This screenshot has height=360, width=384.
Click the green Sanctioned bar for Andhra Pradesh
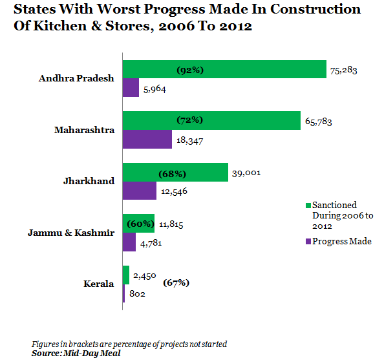coord(224,69)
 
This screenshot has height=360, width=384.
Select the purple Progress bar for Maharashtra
coord(147,139)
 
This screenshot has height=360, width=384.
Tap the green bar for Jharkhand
coord(175,173)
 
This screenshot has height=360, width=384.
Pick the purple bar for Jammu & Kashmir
coord(129,242)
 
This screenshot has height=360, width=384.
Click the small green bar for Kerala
coord(126,275)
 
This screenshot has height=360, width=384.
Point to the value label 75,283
coord(343,70)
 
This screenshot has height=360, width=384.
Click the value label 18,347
coord(190,140)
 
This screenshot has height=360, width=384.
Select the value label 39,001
coord(246,173)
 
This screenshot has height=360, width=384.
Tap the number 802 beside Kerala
coord(137,293)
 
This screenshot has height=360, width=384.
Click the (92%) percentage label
coord(190,70)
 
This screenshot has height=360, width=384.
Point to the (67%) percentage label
coord(176,283)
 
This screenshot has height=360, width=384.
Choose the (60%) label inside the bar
coord(140,224)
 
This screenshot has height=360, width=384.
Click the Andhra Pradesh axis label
coord(76,78)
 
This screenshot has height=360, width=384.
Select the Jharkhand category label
coord(89,181)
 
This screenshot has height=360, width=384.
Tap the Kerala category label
coord(99,284)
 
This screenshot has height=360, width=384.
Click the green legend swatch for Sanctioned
coord(308,206)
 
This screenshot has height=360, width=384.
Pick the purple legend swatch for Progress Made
coord(308,242)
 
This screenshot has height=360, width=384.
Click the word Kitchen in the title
coord(60,26)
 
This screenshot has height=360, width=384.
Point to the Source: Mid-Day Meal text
coord(76,354)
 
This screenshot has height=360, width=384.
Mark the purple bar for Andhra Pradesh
coord(131,88)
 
